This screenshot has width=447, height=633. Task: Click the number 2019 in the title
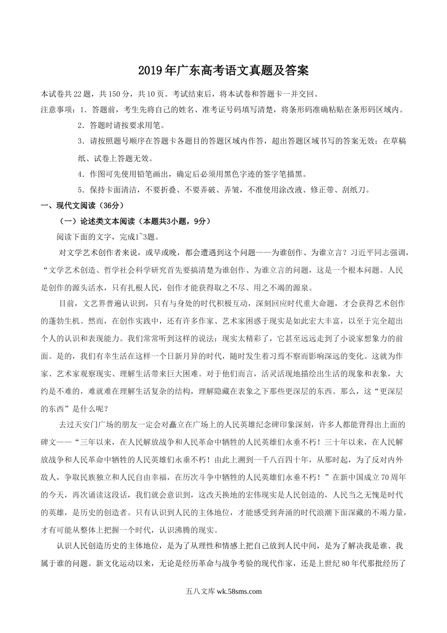pos(150,71)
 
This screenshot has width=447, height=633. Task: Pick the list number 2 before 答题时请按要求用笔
pos(80,126)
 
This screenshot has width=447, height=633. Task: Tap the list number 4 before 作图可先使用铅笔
pos(80,174)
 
